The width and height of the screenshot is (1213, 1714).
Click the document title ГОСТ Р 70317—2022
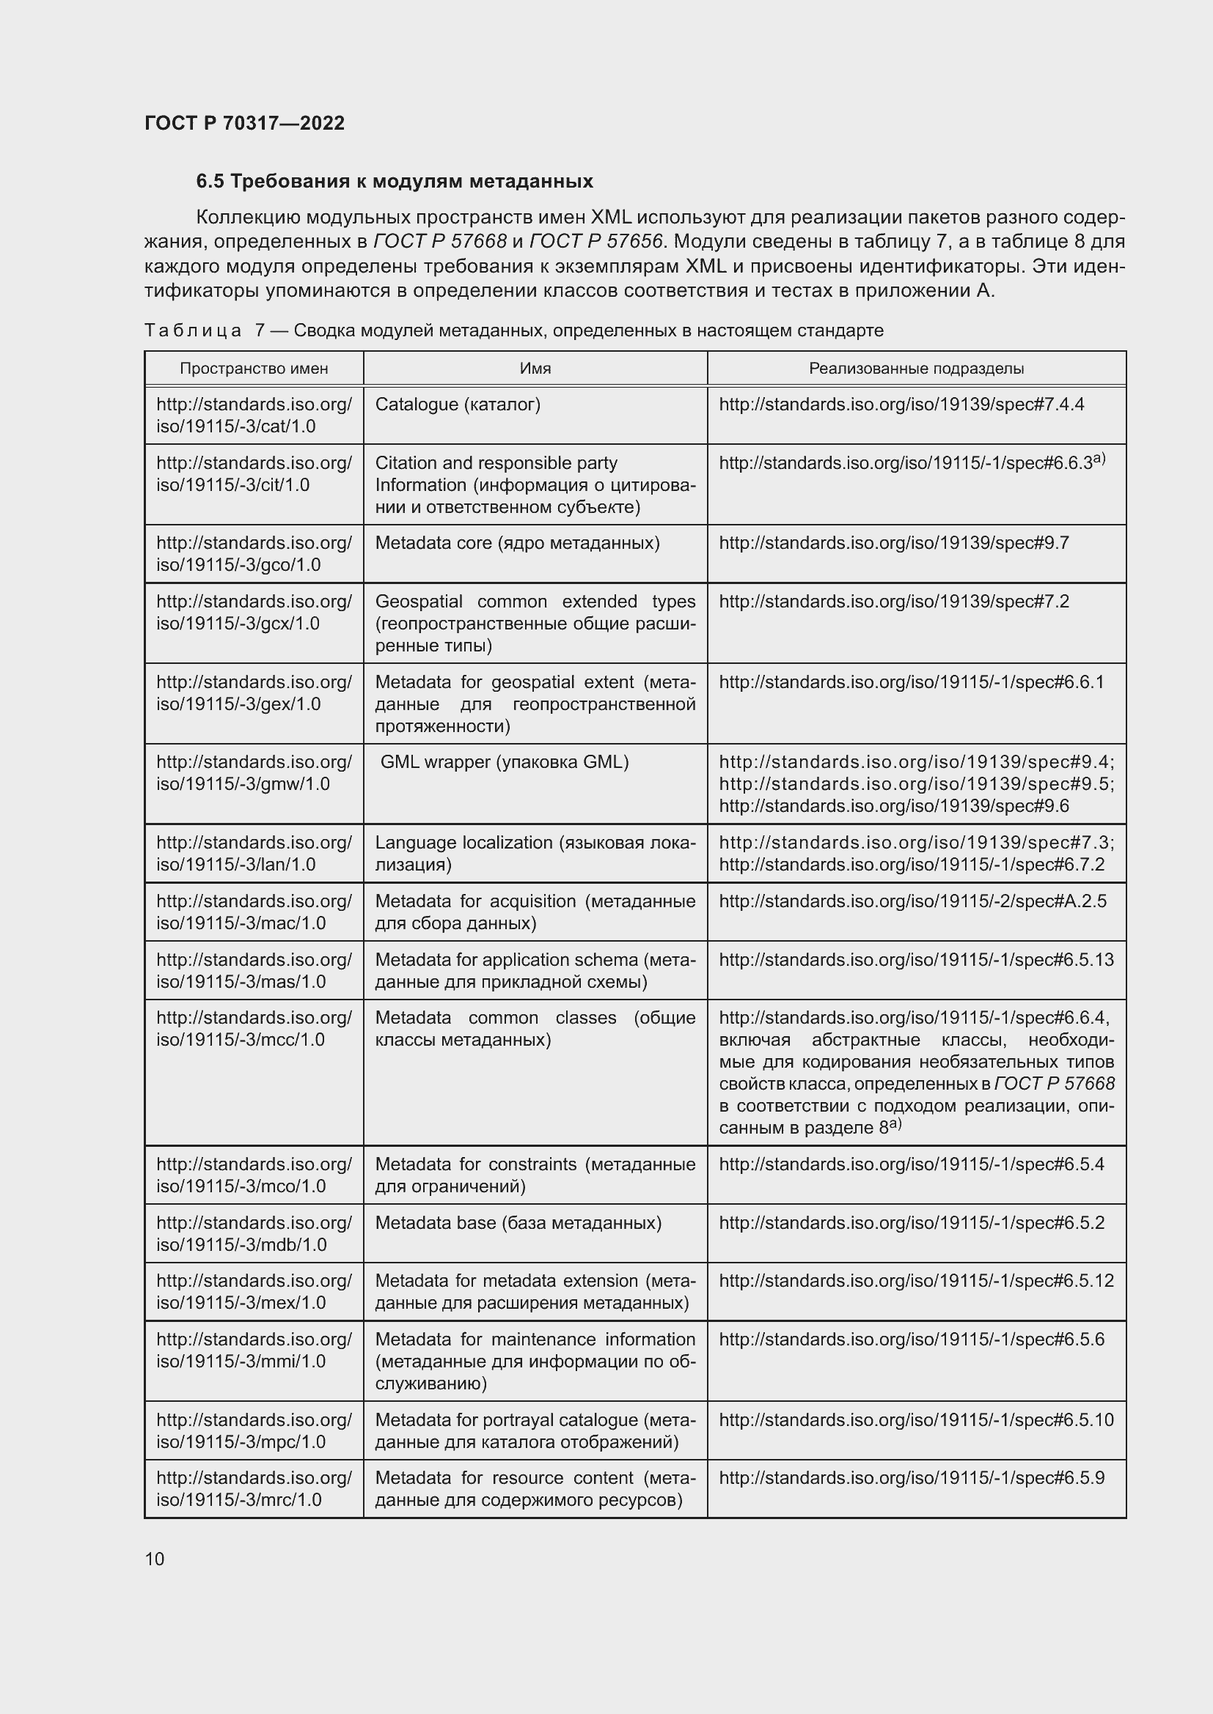(x=244, y=123)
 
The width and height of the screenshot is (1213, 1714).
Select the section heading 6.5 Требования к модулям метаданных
(x=395, y=182)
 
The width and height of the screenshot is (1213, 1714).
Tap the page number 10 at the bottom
(x=155, y=1559)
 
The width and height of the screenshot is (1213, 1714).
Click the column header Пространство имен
(x=254, y=368)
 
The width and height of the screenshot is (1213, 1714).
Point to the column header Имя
(x=535, y=368)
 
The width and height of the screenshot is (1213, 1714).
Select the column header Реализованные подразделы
(x=916, y=368)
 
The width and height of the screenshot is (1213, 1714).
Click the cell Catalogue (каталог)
(x=457, y=405)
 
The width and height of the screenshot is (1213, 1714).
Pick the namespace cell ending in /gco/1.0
(x=254, y=553)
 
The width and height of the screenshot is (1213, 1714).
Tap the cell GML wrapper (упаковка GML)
(x=504, y=761)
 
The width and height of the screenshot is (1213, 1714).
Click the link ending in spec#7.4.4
(x=901, y=405)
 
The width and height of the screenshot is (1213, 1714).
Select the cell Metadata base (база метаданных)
(x=518, y=1223)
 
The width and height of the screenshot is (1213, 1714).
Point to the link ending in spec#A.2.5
(x=912, y=901)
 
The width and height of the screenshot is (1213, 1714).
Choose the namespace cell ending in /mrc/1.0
(x=254, y=1488)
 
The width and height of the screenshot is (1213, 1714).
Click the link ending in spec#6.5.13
(x=916, y=959)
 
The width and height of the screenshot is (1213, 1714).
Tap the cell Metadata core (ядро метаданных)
(x=517, y=543)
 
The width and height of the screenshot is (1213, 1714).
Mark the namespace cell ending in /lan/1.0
(x=254, y=853)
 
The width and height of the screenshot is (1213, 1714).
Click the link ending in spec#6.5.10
(x=916, y=1419)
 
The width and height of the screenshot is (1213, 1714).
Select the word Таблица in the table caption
(x=193, y=330)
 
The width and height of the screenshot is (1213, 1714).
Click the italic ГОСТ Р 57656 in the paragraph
(x=595, y=242)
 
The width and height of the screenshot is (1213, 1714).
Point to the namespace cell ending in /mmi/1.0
(x=254, y=1350)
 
